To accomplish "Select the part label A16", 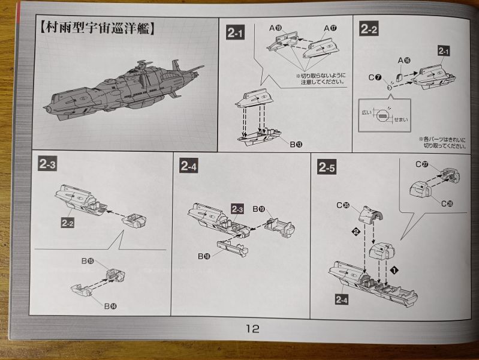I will tap(405, 60).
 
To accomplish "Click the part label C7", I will tap(375, 77).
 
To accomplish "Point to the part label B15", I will tap(89, 262).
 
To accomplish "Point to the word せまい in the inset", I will tap(400, 120).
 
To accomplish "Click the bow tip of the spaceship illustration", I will tap(46, 109).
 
